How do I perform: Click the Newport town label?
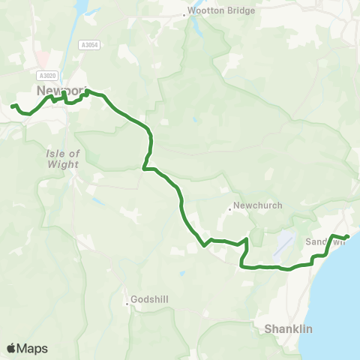(61, 90)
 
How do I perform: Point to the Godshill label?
(153, 299)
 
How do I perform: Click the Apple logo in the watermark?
(11, 348)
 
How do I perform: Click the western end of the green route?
(13, 106)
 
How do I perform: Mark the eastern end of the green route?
(347, 238)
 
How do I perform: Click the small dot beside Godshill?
(127, 303)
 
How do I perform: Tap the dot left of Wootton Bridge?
(184, 15)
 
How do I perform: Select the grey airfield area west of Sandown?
(284, 242)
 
